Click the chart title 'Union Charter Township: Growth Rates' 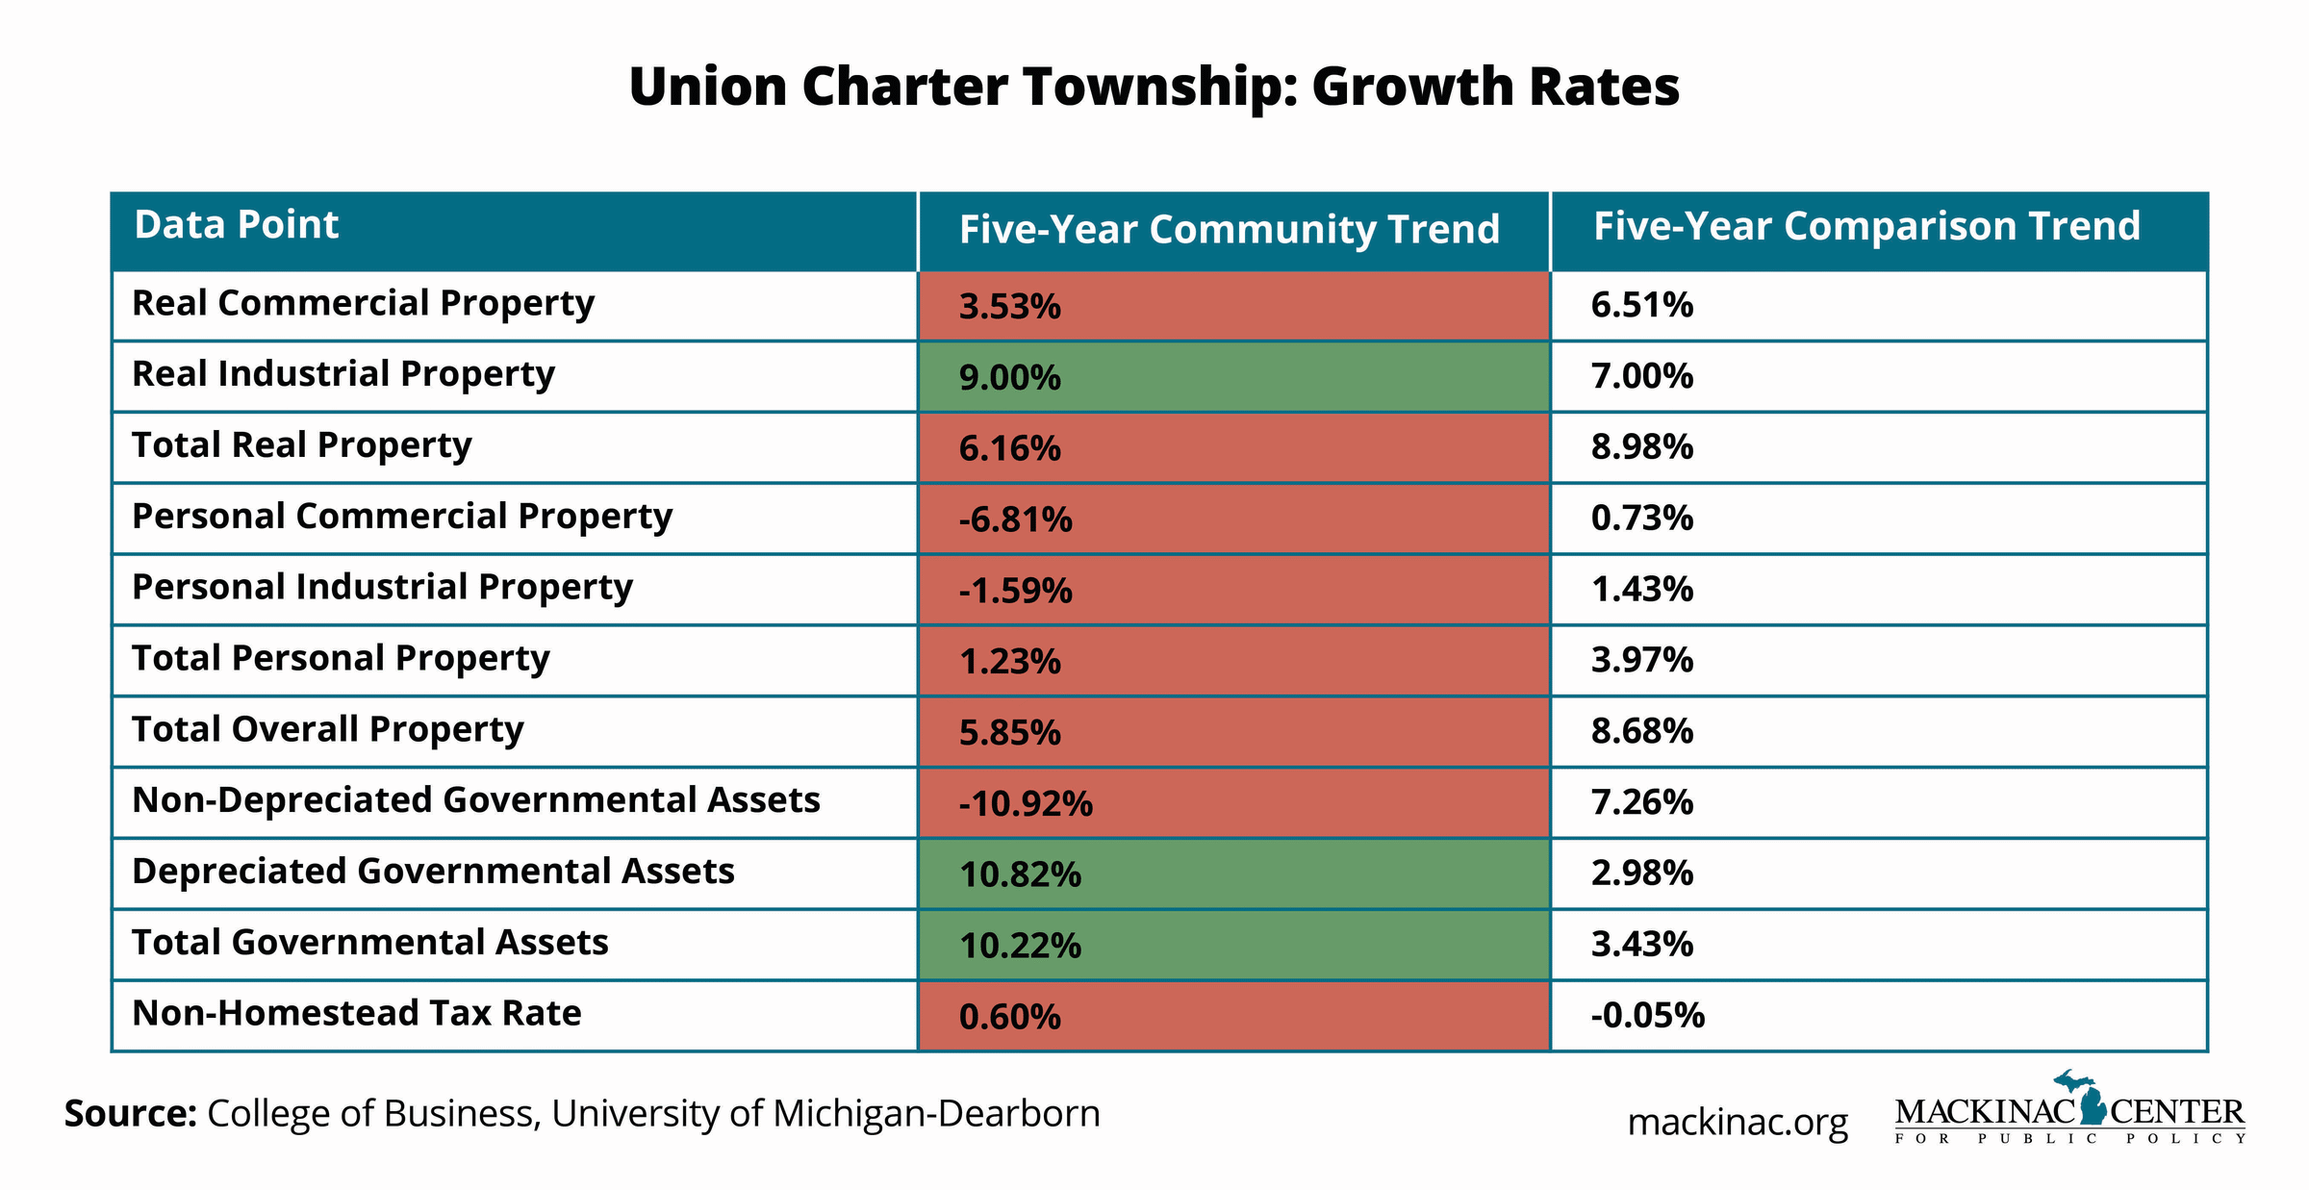point(1154,87)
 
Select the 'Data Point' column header point(237,225)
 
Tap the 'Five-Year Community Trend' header point(1229,230)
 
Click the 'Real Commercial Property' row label point(363,304)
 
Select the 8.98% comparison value point(1641,447)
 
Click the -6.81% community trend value point(1015,519)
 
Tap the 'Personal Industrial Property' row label point(382,588)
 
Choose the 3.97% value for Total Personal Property point(1641,661)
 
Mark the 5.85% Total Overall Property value point(1009,733)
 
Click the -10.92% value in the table point(1025,803)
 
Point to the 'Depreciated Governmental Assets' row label point(433,872)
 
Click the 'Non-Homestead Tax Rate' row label point(356,1014)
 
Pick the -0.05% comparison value point(1647,1016)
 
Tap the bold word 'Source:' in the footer point(131,1114)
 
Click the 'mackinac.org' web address point(1737,1122)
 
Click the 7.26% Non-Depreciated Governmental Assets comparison point(1641,802)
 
